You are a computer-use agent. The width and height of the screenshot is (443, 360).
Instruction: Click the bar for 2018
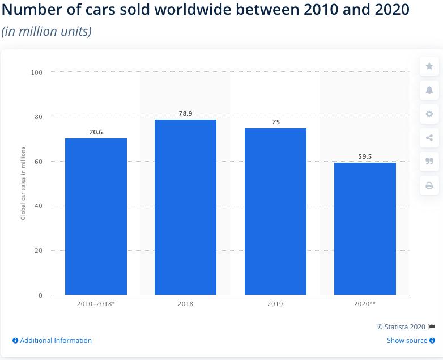click(185, 207)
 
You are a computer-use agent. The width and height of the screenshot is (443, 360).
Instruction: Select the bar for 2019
click(275, 211)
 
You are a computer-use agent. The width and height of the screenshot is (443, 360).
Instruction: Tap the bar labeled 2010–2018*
click(96, 217)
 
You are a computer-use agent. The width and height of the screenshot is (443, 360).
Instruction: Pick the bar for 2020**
click(365, 228)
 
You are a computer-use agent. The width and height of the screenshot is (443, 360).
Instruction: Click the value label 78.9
click(185, 113)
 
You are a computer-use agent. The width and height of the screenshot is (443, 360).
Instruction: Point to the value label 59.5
click(365, 156)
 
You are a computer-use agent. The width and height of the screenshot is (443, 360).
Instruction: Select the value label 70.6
click(96, 132)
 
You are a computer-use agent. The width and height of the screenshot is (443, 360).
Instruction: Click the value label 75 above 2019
click(276, 122)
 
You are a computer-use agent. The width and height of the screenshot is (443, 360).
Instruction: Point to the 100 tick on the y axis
click(37, 73)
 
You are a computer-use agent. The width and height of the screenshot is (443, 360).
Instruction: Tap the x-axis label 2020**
click(365, 304)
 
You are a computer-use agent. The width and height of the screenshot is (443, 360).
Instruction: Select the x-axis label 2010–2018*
click(96, 304)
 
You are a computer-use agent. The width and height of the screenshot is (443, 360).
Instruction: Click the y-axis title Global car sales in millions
click(23, 183)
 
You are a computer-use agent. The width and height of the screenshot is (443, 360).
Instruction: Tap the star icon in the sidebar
click(429, 66)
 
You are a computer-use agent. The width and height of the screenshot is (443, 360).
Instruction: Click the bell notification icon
click(429, 90)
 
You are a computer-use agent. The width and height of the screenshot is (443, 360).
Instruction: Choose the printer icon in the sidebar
click(429, 185)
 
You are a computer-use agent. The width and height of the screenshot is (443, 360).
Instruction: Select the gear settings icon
click(429, 114)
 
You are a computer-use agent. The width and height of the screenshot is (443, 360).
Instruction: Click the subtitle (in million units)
click(46, 31)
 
